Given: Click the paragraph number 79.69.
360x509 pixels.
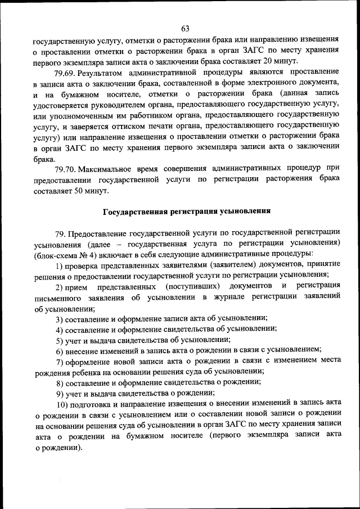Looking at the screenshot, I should (65, 73).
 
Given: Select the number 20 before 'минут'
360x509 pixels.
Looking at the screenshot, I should (269, 61).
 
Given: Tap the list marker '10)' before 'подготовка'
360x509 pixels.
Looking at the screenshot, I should (62, 404).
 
